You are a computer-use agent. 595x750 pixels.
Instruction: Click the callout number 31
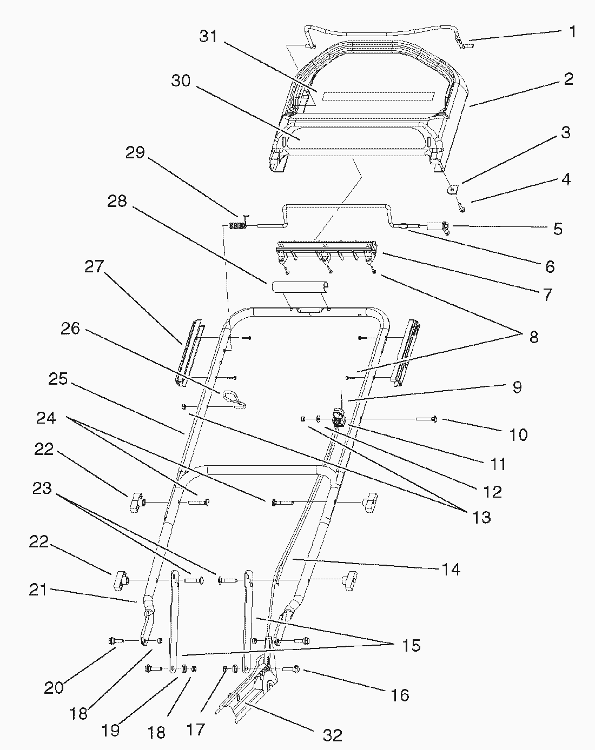tap(208, 36)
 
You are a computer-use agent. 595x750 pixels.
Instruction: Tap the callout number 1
tap(572, 32)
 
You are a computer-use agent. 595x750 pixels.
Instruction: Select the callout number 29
tap(135, 152)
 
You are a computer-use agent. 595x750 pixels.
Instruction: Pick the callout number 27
tap(94, 266)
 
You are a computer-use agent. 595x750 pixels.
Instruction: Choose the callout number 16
tap(400, 695)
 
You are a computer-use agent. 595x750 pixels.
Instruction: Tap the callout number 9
tap(517, 387)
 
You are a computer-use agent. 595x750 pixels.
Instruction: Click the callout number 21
tap(38, 590)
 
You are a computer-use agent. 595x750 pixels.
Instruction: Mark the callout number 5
tap(558, 229)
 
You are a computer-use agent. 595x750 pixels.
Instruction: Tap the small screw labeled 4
tap(462, 208)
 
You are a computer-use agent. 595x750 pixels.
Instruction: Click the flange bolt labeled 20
tap(116, 640)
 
